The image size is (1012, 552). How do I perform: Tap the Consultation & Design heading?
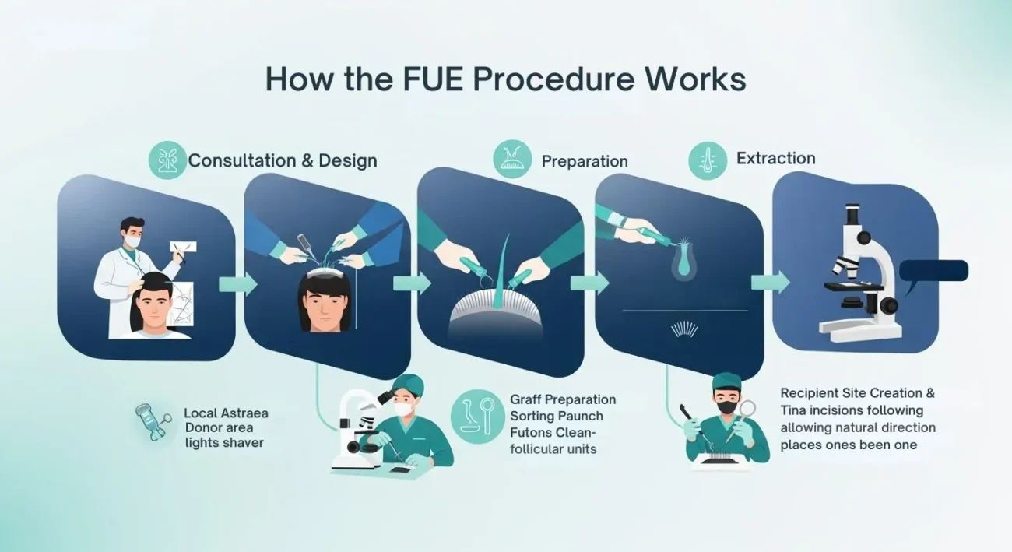click(283, 160)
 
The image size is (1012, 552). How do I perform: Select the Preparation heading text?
click(585, 161)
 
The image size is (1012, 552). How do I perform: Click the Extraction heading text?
click(776, 158)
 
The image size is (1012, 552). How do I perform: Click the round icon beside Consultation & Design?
click(168, 160)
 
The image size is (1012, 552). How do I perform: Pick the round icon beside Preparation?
click(513, 159)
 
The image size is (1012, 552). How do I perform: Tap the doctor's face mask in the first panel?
click(132, 242)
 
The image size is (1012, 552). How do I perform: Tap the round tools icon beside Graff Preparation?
click(476, 417)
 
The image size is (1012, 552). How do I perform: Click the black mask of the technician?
click(726, 406)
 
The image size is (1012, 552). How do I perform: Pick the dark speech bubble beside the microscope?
click(933, 270)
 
